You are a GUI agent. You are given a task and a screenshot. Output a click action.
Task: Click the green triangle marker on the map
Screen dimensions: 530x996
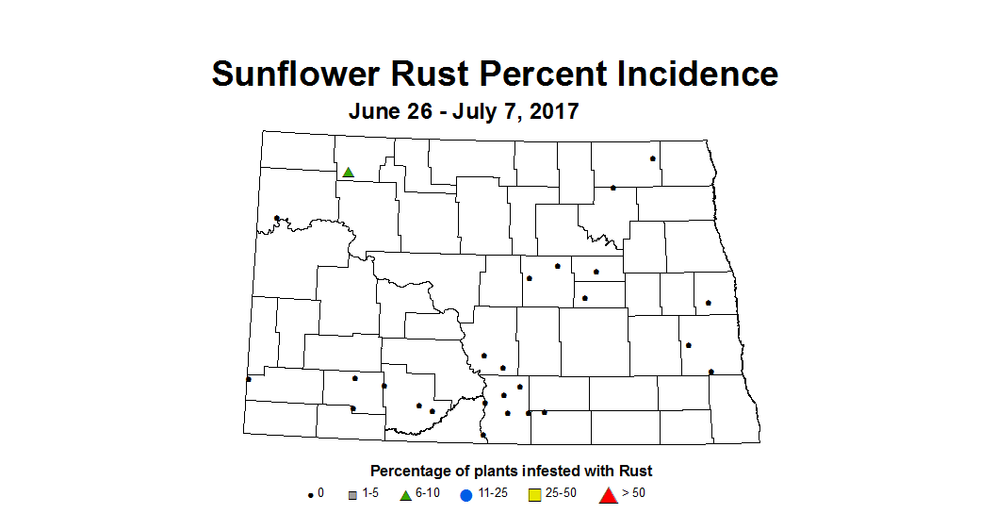coord(348,172)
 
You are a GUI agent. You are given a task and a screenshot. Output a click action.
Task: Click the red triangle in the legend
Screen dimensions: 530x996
coord(608,494)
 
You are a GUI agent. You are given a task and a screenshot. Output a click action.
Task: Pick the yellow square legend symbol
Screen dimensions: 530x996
coord(533,494)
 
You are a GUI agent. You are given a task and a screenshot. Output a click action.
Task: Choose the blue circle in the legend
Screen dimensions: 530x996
coord(466,494)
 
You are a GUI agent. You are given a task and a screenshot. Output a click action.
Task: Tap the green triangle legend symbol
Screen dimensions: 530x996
coord(405,494)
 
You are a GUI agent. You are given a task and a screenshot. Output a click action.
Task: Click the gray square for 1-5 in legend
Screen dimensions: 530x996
coord(351,494)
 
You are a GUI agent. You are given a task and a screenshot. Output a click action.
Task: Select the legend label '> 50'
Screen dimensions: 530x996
coord(633,493)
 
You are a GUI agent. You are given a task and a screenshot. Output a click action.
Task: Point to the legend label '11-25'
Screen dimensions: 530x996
coord(493,493)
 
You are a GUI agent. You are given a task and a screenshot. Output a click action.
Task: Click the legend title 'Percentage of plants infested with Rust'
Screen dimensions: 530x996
coord(511,471)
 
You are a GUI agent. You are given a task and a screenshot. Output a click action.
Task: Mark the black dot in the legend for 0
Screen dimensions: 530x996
coord(310,494)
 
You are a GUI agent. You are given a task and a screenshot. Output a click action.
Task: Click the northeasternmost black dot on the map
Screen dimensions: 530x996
coord(652,158)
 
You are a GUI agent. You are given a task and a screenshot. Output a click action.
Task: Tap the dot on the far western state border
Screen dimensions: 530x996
coord(248,379)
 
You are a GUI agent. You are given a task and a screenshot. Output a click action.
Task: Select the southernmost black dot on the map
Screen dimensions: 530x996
coord(482,435)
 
